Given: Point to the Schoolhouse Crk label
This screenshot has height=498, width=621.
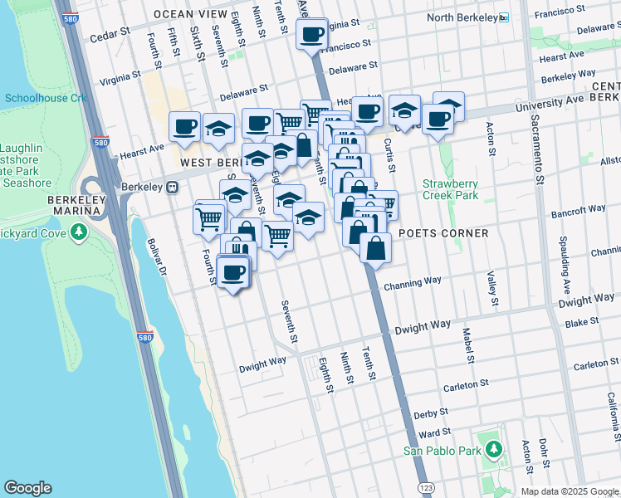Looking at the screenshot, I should [x=45, y=98].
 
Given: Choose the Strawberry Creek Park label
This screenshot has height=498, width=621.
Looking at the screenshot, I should [x=450, y=189].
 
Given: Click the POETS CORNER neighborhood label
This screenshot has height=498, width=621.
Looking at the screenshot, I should [x=443, y=233].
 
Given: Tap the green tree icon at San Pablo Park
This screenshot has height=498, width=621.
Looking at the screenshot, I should [x=494, y=450].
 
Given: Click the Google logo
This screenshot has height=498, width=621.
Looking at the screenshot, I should [x=27, y=488].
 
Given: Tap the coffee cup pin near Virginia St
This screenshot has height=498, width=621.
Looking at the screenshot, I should [x=312, y=35].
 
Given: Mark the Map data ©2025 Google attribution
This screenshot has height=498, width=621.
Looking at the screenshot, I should [x=569, y=491].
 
